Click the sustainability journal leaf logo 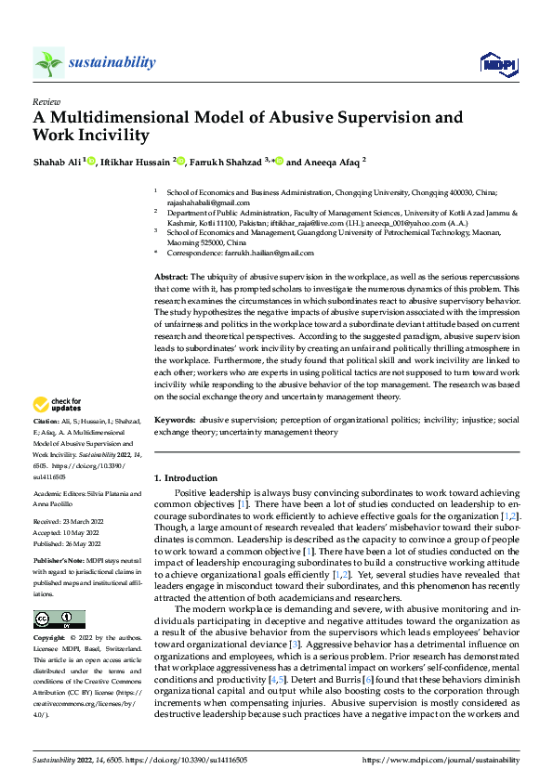(48, 62)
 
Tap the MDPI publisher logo (497, 62)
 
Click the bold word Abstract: (172, 278)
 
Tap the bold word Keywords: (176, 420)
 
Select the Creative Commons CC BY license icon (59, 619)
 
